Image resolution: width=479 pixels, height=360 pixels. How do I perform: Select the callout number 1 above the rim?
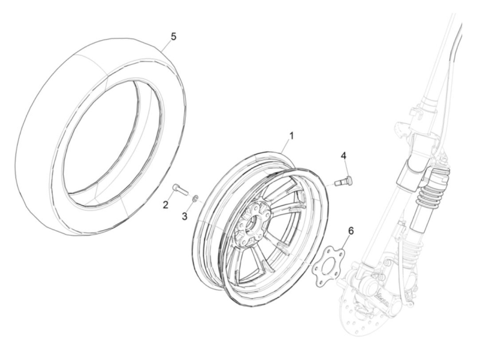click(291, 136)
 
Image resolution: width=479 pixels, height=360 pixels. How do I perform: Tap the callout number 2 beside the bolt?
click(166, 205)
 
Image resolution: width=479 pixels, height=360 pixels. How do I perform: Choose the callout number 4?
click(344, 156)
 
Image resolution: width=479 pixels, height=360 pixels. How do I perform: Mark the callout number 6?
click(350, 231)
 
